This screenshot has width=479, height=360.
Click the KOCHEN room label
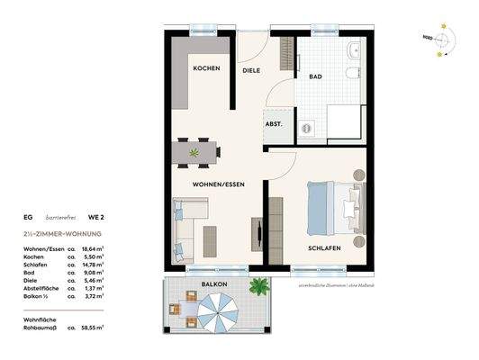tap(205, 68)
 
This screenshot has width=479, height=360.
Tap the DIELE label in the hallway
tap(251, 70)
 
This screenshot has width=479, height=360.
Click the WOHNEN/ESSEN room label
tap(219, 184)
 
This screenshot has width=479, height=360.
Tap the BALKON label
tap(215, 284)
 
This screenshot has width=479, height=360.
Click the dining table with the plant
tap(193, 154)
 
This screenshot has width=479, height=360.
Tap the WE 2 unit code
tap(95, 217)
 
